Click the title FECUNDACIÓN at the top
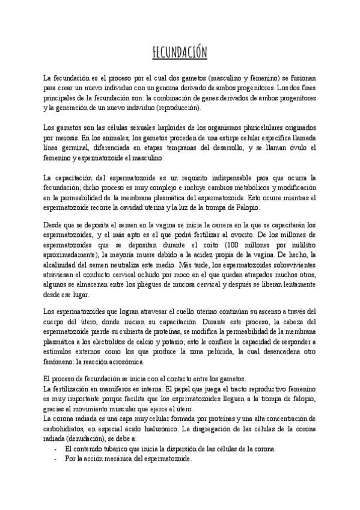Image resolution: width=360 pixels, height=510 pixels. [x=180, y=53]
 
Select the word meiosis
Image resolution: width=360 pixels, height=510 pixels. [x=58, y=137]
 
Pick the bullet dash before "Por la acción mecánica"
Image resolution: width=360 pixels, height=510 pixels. [x=55, y=459]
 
